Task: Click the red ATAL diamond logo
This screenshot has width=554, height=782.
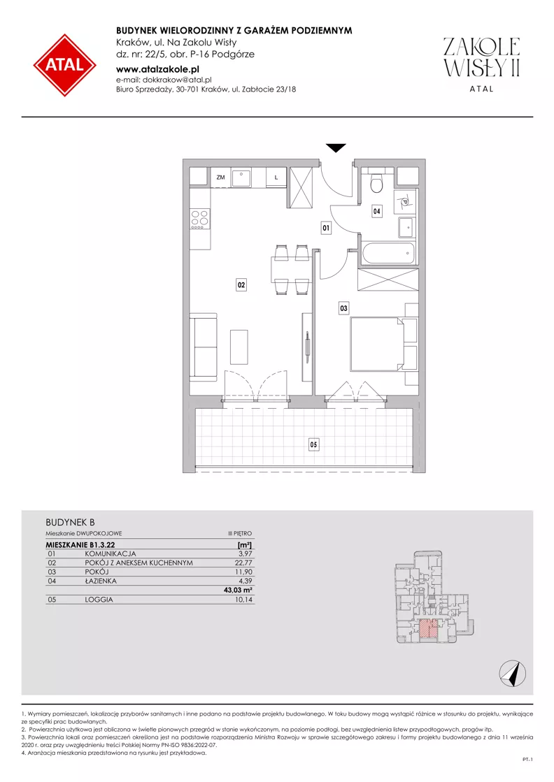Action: (x=65, y=65)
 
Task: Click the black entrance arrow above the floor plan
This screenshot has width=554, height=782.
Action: (x=336, y=147)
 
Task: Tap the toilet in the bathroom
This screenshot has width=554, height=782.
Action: (x=377, y=183)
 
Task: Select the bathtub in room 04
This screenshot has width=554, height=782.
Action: (x=388, y=254)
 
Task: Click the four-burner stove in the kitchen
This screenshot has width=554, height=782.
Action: (x=200, y=219)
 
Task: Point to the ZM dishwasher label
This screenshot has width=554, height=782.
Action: (x=220, y=177)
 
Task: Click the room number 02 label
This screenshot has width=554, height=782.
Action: (x=241, y=285)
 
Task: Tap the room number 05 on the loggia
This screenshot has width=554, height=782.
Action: (x=313, y=444)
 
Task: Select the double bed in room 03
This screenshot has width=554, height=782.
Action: (x=383, y=344)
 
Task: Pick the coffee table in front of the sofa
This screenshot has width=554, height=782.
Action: (x=239, y=347)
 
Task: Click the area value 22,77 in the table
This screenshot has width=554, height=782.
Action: (x=243, y=563)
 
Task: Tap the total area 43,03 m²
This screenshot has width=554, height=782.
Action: (x=238, y=590)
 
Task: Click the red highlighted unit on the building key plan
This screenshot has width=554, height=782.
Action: (x=427, y=628)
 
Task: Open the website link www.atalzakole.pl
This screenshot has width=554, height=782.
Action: (x=157, y=69)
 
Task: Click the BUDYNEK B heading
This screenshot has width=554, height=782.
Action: (x=71, y=522)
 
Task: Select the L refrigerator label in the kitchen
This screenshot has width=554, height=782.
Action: (x=276, y=177)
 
